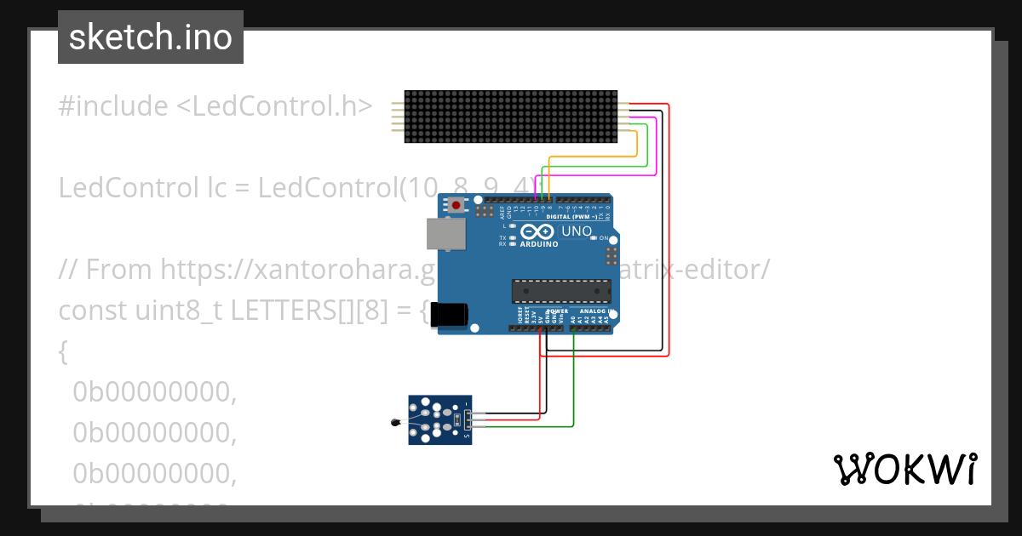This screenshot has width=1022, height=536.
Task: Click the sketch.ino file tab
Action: click(x=151, y=37)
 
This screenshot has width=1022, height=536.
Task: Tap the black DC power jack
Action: click(x=449, y=314)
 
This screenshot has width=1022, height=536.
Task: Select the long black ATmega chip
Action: click(x=561, y=291)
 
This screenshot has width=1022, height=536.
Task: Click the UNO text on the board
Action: click(x=577, y=231)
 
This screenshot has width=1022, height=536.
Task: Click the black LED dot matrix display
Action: click(x=511, y=117)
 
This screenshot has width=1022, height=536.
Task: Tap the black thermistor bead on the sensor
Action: click(x=393, y=423)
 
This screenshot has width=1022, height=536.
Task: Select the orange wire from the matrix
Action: click(x=596, y=157)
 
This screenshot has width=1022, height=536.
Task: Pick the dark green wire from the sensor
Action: click(x=573, y=383)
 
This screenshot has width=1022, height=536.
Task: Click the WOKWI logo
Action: click(x=904, y=469)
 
